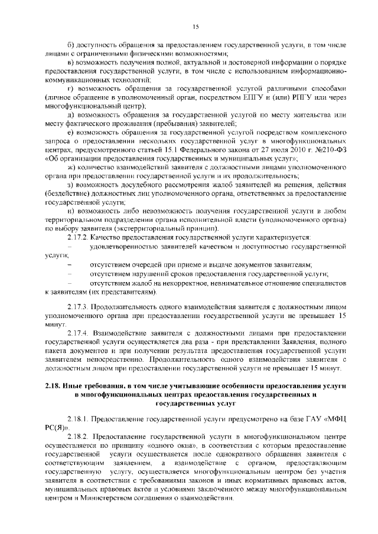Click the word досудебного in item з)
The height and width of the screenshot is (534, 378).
(130, 184)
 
